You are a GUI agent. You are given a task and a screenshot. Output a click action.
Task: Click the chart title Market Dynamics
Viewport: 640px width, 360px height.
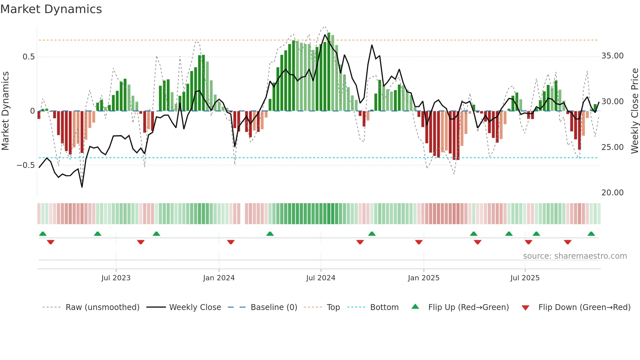51,9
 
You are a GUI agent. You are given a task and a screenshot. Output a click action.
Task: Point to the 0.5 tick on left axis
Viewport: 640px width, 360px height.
28,57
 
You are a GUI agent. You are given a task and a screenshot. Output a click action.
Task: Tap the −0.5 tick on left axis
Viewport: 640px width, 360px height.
26,165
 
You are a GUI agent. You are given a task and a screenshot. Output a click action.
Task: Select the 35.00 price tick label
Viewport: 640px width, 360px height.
612,56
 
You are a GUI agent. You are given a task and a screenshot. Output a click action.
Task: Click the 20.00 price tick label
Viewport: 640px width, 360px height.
612,193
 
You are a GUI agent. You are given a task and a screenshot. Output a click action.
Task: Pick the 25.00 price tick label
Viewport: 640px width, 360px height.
612,147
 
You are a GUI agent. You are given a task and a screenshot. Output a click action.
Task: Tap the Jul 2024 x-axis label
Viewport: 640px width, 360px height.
321,278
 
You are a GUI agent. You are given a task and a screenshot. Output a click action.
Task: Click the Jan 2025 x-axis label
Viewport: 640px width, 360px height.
424,278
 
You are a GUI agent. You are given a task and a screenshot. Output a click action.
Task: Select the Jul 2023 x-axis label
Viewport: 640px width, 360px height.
116,278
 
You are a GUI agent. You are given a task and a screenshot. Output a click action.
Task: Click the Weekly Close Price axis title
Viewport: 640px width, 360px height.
634,111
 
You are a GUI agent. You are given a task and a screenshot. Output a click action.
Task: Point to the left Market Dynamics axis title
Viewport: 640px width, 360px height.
5,111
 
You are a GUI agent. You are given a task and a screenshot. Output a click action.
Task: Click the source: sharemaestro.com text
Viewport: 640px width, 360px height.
575,256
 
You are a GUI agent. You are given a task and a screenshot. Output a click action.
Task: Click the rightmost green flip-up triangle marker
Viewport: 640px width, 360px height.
591,234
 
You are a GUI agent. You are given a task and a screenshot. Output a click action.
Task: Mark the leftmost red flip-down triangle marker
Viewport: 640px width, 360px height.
51,242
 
